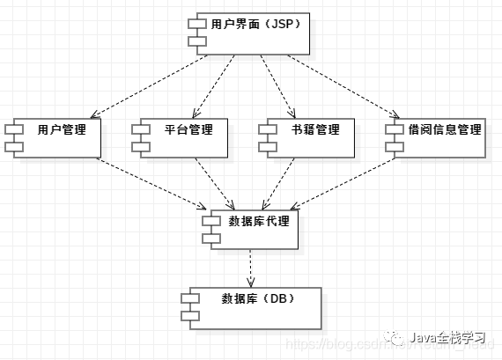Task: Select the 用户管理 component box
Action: [55, 136]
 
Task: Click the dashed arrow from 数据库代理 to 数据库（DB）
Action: [252, 267]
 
